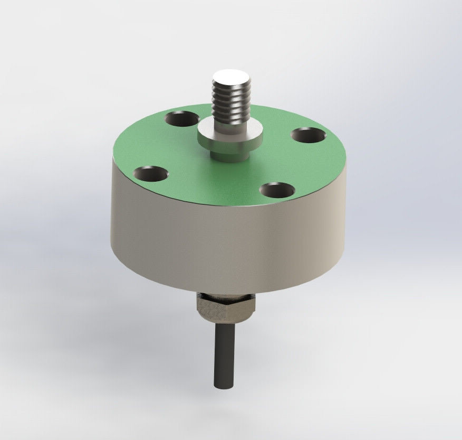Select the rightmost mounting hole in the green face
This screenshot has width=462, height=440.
click(x=308, y=135)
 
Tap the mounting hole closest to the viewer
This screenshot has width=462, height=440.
click(x=277, y=189)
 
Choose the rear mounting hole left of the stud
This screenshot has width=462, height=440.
click(x=182, y=119)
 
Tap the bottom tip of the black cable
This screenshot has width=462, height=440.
click(x=222, y=386)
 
